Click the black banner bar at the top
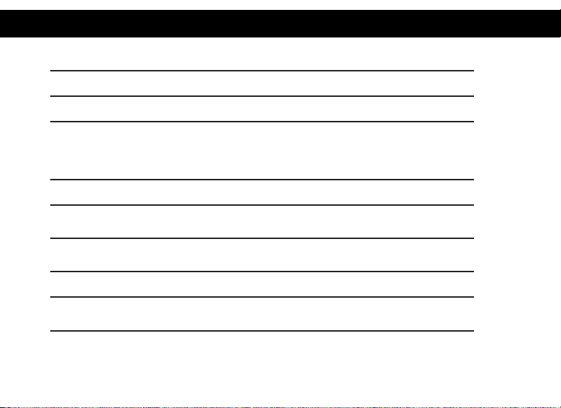[280, 23]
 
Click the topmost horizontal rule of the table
[262, 71]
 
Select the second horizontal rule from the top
[262, 96]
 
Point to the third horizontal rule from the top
[262, 122]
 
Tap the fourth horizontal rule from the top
[262, 180]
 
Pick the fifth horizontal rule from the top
[262, 205]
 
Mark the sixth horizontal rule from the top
[262, 238]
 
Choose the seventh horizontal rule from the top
[262, 272]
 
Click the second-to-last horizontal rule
[262, 297]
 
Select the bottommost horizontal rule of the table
[262, 330]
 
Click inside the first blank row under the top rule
[262, 83]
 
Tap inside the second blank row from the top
[262, 109]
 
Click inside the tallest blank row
[262, 151]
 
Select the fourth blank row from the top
[262, 192]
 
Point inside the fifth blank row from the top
[262, 222]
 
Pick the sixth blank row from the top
[262, 255]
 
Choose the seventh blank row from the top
[262, 284]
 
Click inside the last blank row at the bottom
[262, 314]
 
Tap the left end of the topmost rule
[52, 71]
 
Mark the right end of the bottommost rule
[472, 330]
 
